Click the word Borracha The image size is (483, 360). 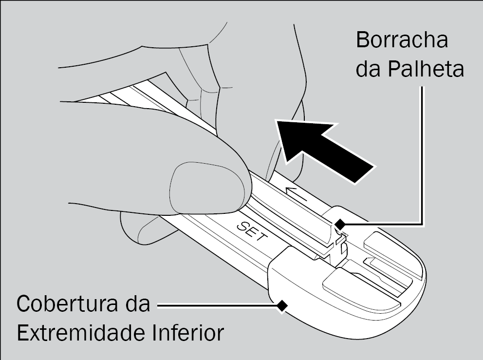(x=402, y=40)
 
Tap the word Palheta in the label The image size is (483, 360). (x=425, y=70)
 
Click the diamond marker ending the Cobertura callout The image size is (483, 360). (x=281, y=305)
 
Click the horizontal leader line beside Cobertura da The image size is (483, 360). (x=214, y=305)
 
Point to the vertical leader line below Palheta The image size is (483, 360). (x=422, y=156)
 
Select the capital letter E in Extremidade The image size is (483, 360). (x=24, y=334)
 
